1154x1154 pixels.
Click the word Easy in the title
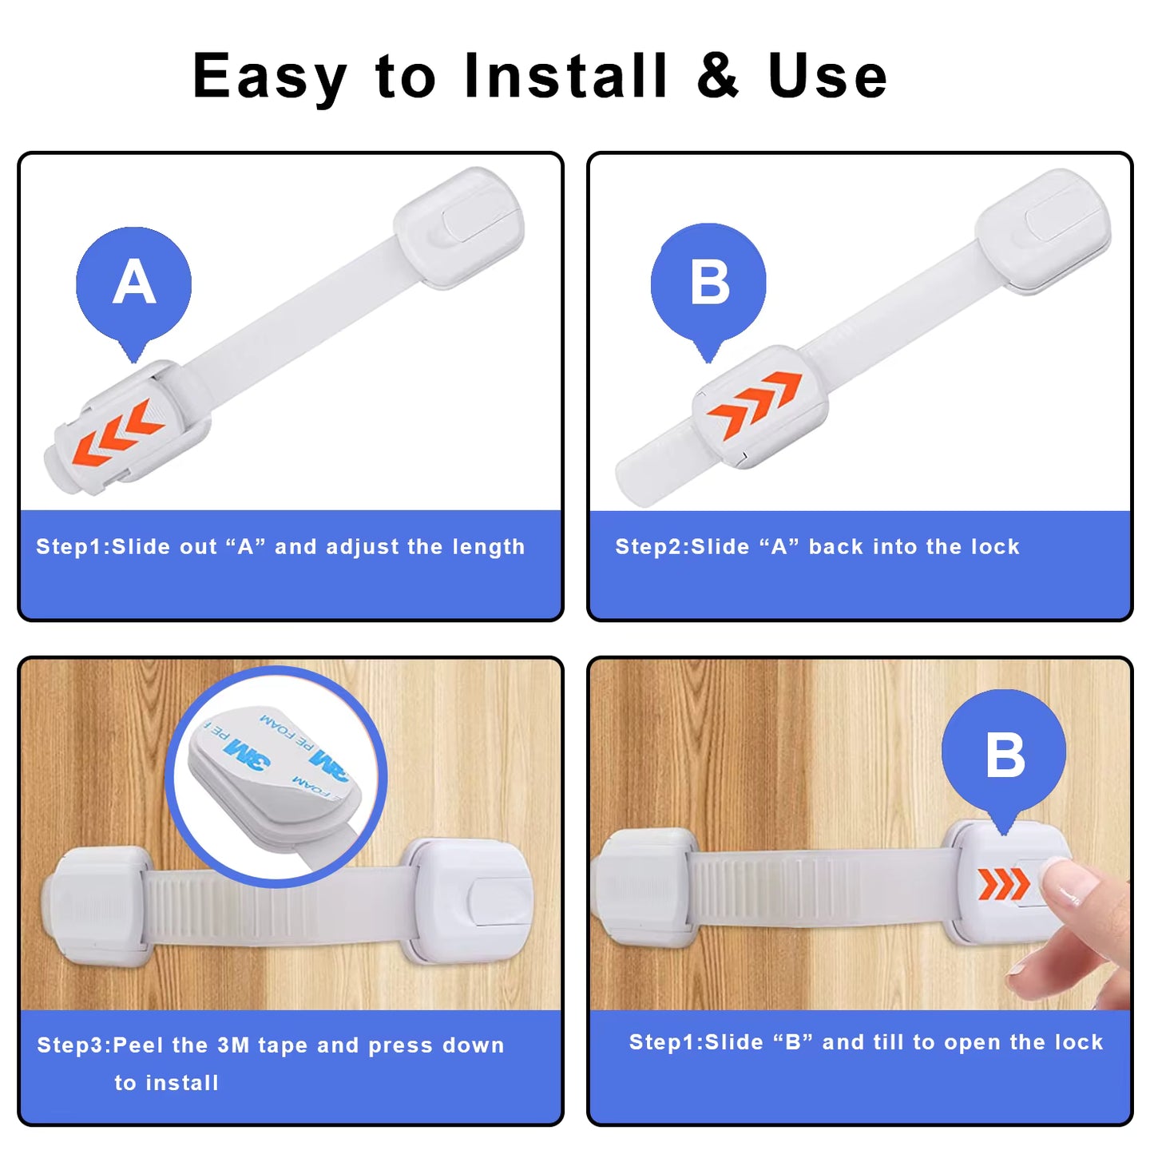coord(270,77)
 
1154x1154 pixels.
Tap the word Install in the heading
coord(565,77)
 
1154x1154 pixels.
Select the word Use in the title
coord(827,77)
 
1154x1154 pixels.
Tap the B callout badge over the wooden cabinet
coord(1004,753)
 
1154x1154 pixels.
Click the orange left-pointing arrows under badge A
coord(118,433)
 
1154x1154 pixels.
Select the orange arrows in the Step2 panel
coord(754,404)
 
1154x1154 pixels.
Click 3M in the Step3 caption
coord(233,1045)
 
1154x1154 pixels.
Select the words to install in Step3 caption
coord(166,1083)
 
